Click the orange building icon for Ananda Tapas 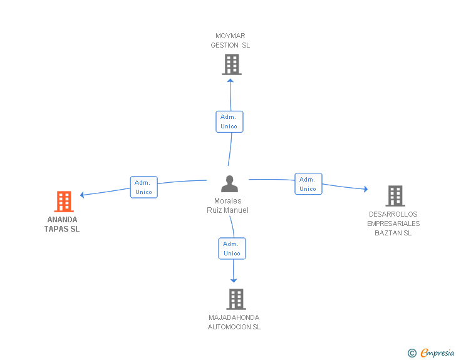(64, 202)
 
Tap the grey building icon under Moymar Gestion (232, 64)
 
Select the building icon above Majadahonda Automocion (236, 299)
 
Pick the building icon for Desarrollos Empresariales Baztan (395, 196)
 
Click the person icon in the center (229, 184)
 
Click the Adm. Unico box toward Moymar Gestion (229, 122)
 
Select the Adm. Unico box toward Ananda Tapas (143, 187)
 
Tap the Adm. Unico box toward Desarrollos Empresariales (308, 184)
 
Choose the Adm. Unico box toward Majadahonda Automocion (232, 249)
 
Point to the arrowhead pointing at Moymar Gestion (231, 81)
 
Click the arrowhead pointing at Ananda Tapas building (82, 195)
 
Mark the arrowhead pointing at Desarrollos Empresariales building (366, 189)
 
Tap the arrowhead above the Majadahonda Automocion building (234, 280)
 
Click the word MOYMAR (231, 36)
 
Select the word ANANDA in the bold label (62, 220)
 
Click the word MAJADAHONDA (234, 317)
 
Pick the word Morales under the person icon (228, 200)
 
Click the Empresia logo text (437, 352)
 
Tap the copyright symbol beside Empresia (412, 353)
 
